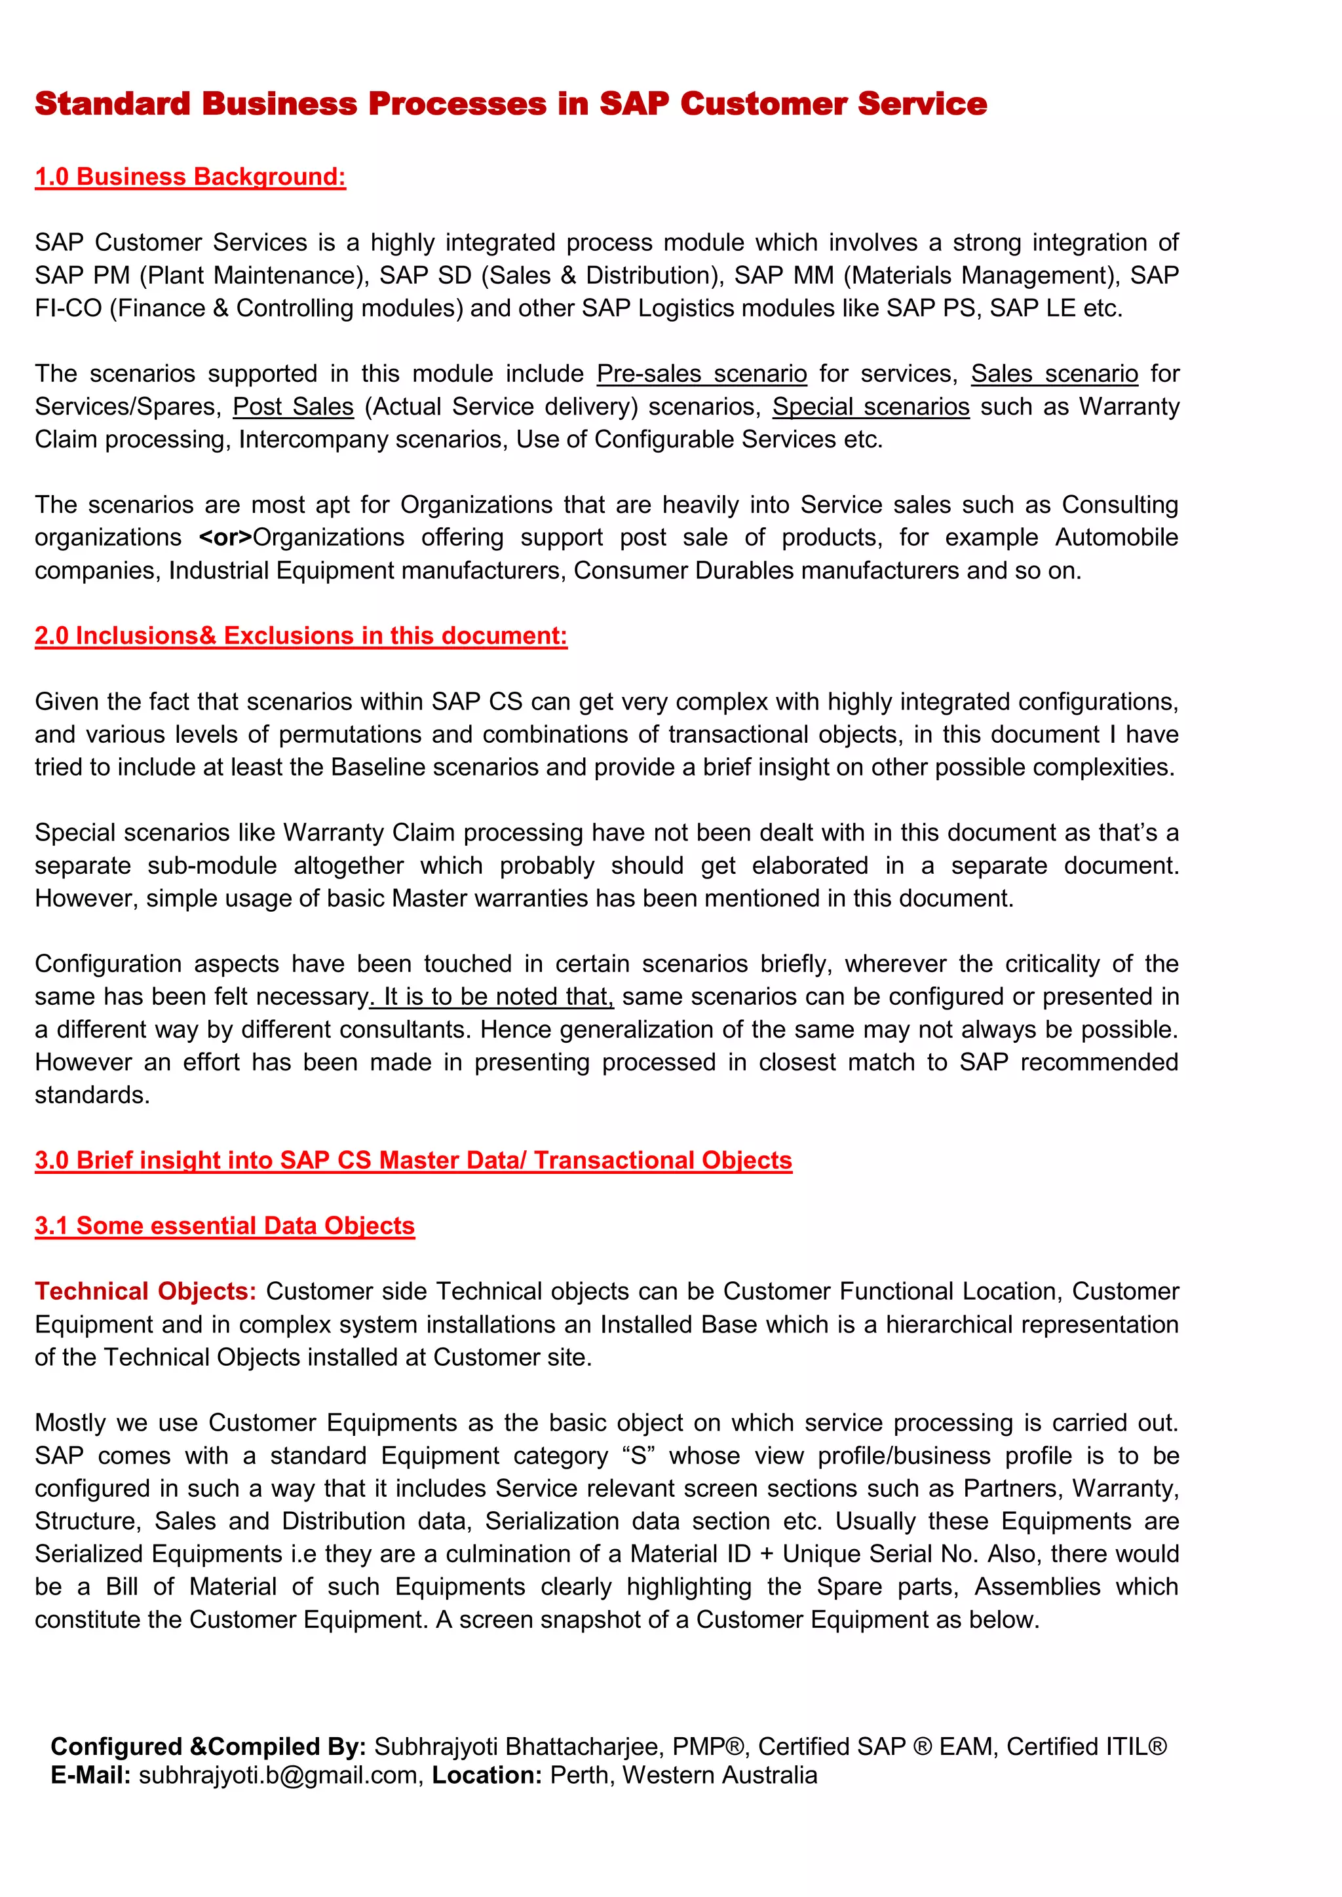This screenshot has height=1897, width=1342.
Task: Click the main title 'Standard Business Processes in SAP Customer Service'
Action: [x=510, y=104]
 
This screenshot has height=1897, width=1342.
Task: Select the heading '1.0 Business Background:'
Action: [x=190, y=177]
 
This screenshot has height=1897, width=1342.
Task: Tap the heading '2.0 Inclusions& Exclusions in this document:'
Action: [x=301, y=635]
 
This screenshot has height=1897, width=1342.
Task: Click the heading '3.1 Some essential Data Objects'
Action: [x=224, y=1226]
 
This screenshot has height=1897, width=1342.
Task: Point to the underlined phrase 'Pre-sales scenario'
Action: [x=702, y=373]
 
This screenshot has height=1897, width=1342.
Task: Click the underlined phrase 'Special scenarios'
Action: [x=870, y=407]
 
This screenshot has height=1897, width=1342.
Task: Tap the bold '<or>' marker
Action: [x=225, y=537]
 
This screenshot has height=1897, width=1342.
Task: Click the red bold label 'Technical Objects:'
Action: [x=145, y=1291]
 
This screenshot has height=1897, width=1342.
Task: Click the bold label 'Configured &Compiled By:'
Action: [x=208, y=1746]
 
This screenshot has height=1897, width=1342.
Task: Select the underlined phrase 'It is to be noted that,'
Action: [x=493, y=996]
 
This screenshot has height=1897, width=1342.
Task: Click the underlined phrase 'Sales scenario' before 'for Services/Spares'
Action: [x=1054, y=373]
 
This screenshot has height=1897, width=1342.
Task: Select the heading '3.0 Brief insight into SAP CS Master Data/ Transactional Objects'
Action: [x=413, y=1160]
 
